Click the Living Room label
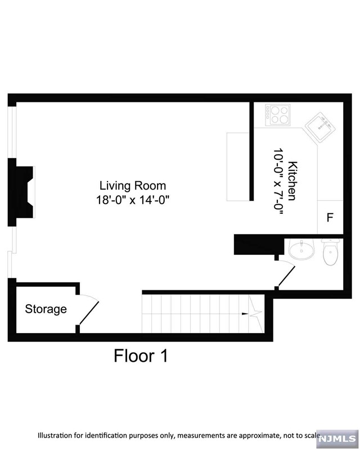133,185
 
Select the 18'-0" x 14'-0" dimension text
133,199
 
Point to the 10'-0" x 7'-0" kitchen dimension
278,181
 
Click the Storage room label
46,309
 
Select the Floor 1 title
141,355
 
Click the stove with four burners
278,115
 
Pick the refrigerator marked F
330,217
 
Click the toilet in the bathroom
330,253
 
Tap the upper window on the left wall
12,130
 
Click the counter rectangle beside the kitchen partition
237,166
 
